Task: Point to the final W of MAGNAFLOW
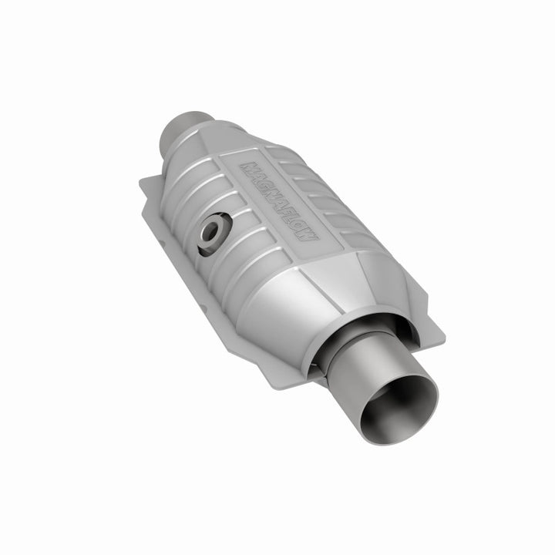(x=308, y=235)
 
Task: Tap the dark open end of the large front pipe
(x=402, y=405)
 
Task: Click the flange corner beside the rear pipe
(x=144, y=183)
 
